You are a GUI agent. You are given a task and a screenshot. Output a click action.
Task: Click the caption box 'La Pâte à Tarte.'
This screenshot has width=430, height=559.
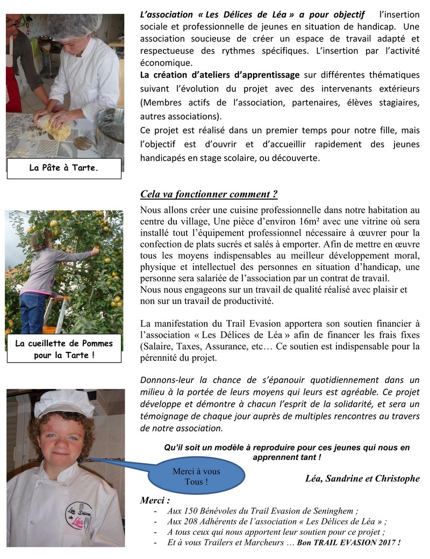64,168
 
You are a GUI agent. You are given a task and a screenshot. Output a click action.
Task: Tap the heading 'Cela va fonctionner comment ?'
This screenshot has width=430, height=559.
209,194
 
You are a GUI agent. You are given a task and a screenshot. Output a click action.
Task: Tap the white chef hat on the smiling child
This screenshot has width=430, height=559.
64,402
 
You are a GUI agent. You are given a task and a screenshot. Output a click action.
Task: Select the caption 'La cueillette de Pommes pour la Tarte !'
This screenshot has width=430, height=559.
64,349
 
